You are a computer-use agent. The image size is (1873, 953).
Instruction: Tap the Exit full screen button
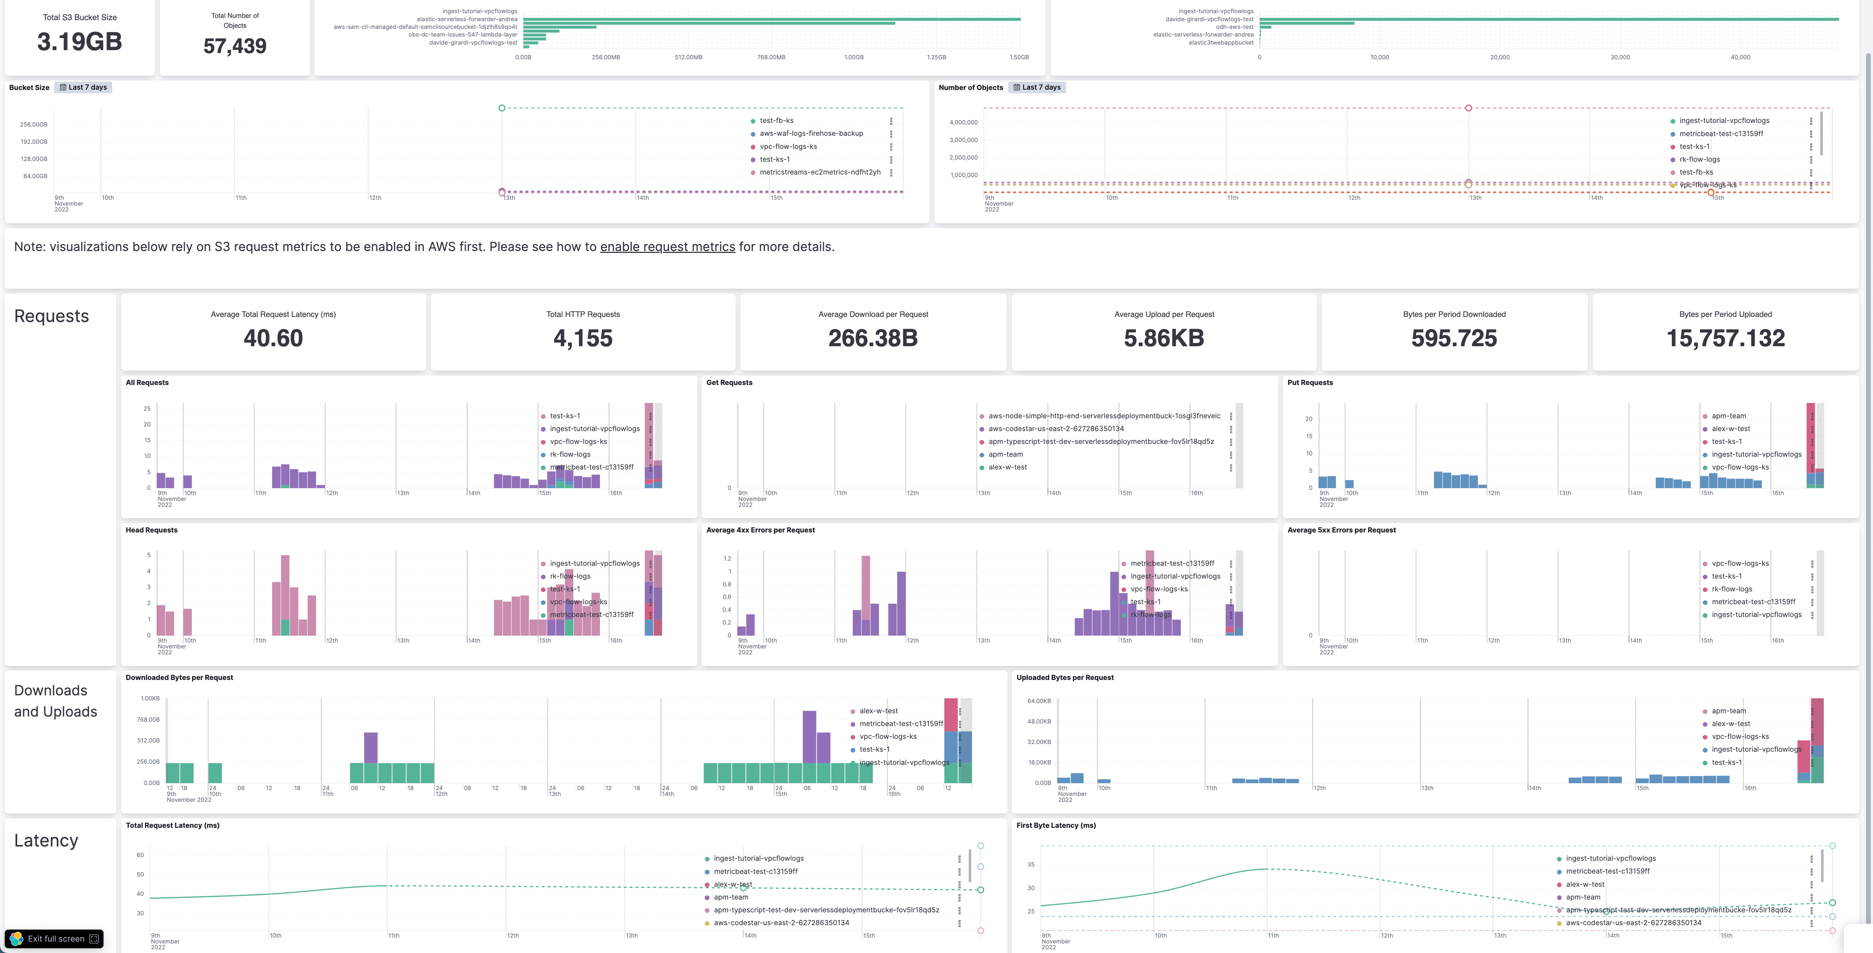click(55, 938)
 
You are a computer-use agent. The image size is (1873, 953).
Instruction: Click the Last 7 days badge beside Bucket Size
click(84, 87)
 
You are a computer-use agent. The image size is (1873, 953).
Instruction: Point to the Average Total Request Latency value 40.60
click(273, 338)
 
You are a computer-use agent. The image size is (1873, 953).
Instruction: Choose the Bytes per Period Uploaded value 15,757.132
click(1726, 338)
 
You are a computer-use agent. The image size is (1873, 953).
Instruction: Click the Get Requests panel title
click(729, 383)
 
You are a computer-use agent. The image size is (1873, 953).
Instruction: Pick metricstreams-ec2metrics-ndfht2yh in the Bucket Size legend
click(819, 172)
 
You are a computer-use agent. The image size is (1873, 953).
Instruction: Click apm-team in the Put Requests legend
click(1728, 416)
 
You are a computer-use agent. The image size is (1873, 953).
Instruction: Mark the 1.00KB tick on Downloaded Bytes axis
click(150, 698)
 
